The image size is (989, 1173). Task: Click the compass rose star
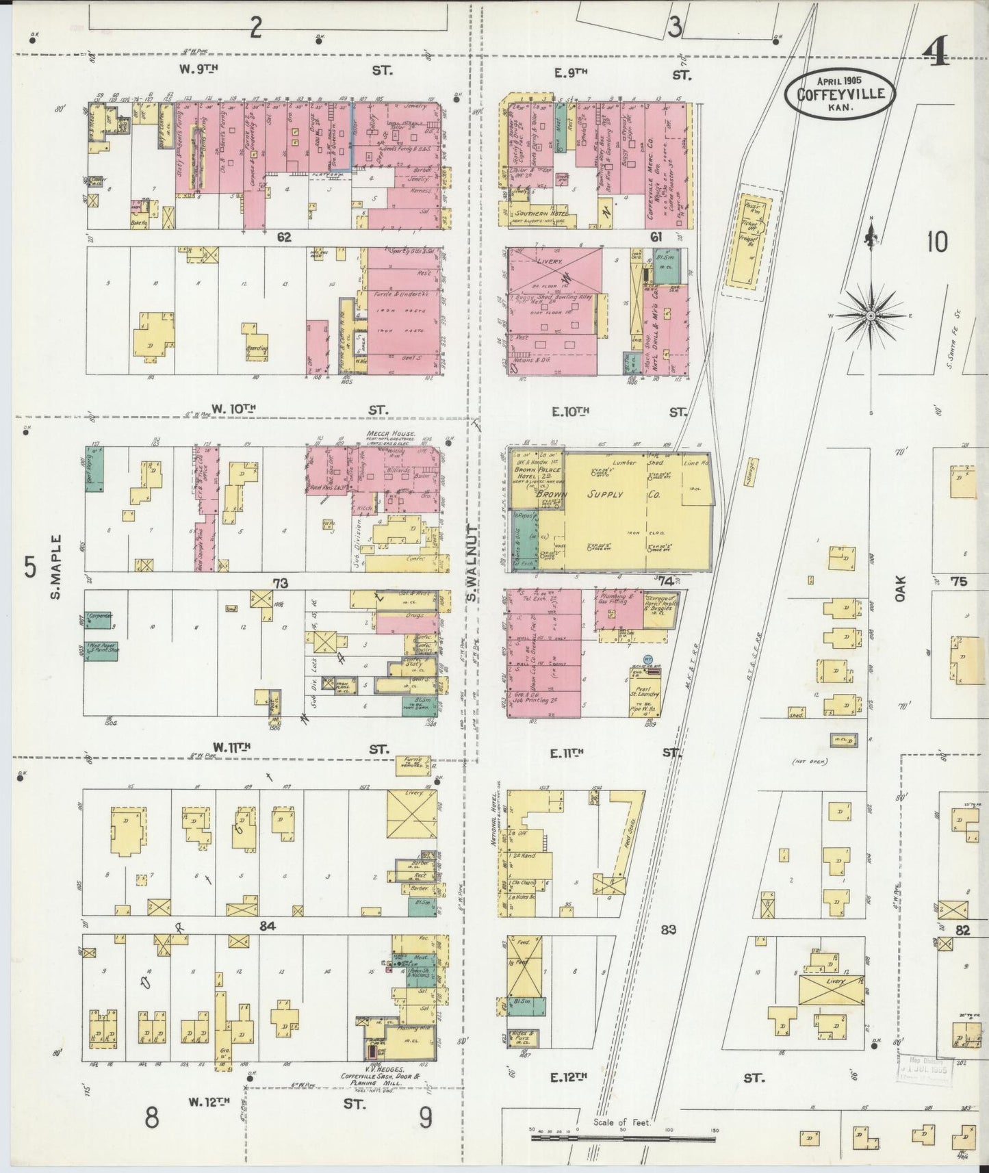click(x=870, y=315)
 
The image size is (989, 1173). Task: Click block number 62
click(x=284, y=237)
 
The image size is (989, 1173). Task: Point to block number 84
click(x=267, y=926)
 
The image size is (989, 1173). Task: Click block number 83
click(x=669, y=929)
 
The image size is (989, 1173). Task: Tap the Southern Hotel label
click(x=540, y=214)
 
